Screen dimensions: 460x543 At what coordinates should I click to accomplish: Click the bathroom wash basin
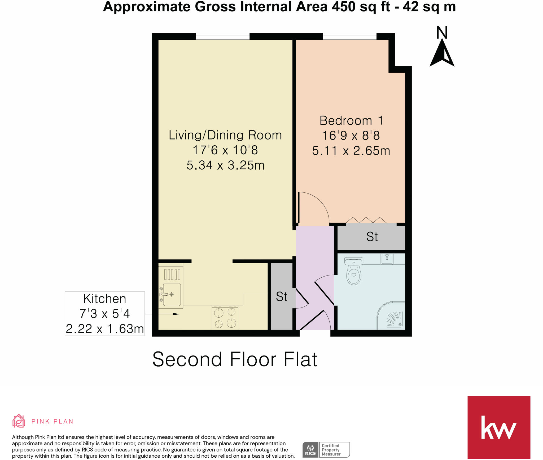pyautogui.click(x=387, y=259)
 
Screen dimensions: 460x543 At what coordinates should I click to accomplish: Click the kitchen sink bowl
pyautogui.click(x=172, y=294)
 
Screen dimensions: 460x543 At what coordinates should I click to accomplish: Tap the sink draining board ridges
pyautogui.click(x=172, y=274)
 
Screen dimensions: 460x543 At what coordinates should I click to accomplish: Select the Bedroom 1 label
pyautogui.click(x=351, y=121)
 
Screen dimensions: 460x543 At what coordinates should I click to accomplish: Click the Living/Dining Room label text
pyautogui.click(x=225, y=135)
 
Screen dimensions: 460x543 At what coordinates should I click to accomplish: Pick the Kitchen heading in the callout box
pyautogui.click(x=105, y=299)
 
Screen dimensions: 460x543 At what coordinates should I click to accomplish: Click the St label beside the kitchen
pyautogui.click(x=282, y=297)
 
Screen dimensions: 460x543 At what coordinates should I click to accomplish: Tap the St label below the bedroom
pyautogui.click(x=372, y=237)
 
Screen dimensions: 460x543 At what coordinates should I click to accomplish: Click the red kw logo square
pyautogui.click(x=498, y=427)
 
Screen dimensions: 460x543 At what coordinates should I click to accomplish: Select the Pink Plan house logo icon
pyautogui.click(x=19, y=421)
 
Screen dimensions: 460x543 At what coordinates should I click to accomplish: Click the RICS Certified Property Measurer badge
pyautogui.click(x=326, y=450)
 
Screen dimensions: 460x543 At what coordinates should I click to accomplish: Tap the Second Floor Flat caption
pyautogui.click(x=235, y=359)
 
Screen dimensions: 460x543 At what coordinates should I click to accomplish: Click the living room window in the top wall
pyautogui.click(x=223, y=36)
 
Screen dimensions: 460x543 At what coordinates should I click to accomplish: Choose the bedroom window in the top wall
pyautogui.click(x=349, y=36)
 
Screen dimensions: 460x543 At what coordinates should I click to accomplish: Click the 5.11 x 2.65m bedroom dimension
pyautogui.click(x=351, y=151)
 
